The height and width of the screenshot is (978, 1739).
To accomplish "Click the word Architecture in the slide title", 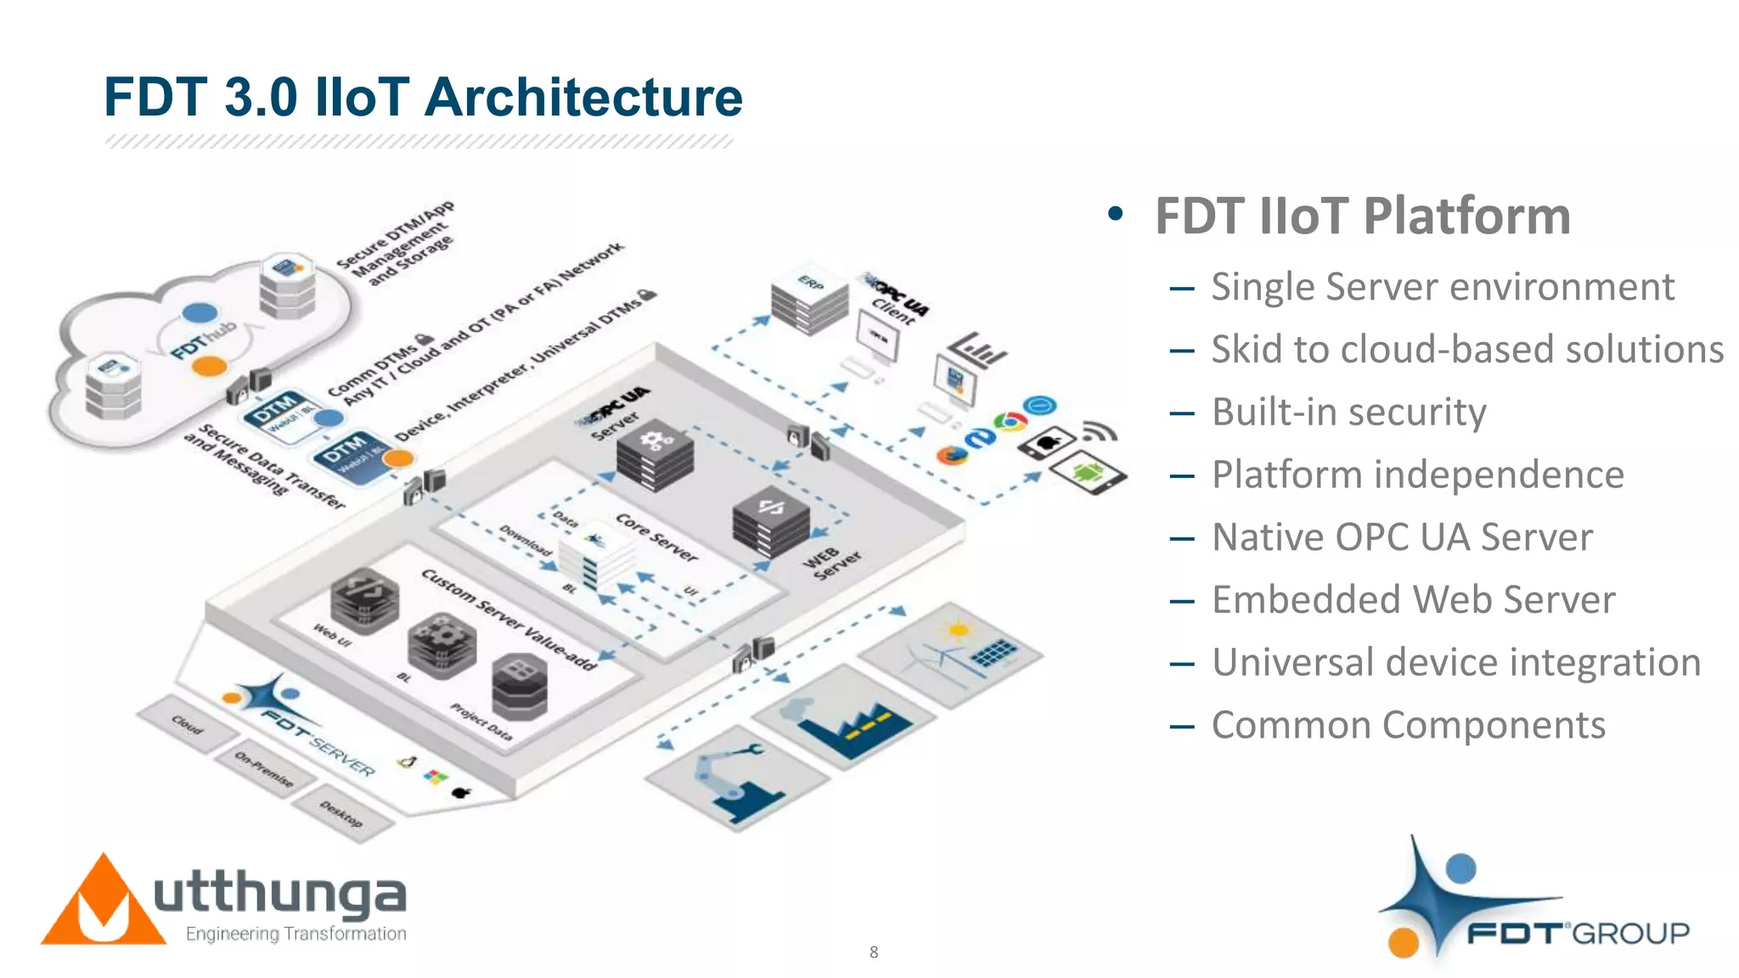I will coord(583,97).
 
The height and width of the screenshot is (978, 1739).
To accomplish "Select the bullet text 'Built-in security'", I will coord(1348,413).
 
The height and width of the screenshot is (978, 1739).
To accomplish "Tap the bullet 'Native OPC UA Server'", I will coord(1402,537).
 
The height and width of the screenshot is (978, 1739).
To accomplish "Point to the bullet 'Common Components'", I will coord(1408,726).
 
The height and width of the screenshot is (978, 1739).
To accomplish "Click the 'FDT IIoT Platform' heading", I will coord(1362,216).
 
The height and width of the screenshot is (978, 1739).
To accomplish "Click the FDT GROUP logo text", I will coord(1578,934).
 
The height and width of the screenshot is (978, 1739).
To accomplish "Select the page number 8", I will coord(874,953).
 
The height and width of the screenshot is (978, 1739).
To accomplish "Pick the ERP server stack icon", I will coord(809,301).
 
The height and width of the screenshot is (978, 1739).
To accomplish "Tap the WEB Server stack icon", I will coord(770,520).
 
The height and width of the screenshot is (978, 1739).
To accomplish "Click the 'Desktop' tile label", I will coord(341,814).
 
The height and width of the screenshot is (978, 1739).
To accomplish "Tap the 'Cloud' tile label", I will coord(187,725).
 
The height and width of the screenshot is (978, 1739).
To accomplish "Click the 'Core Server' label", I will coord(656,537).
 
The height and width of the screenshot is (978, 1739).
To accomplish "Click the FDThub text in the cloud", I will coord(204,341).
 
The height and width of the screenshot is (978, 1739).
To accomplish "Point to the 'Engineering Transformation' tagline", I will coord(295,934).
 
